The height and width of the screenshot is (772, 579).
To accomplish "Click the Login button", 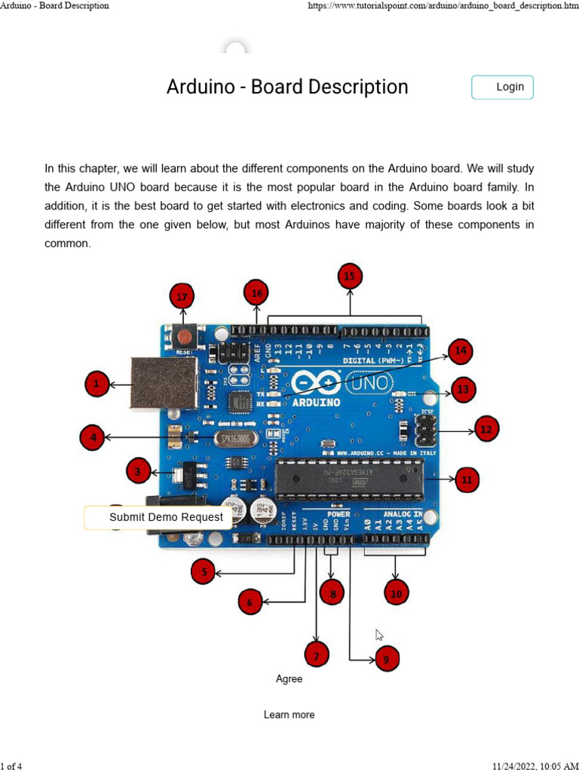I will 502,87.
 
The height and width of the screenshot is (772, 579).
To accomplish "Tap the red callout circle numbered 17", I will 182,296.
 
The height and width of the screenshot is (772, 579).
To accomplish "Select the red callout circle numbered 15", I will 349,277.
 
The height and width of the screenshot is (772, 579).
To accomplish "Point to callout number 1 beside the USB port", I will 96,384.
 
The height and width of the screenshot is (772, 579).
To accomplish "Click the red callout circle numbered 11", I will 466,479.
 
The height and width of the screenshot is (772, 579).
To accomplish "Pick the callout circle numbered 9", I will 386,660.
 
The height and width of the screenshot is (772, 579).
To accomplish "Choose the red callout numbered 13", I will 463,390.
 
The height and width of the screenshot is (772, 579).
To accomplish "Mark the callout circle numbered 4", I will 93,437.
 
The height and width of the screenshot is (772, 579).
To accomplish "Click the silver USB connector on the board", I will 164,382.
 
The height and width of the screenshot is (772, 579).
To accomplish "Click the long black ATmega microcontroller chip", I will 348,479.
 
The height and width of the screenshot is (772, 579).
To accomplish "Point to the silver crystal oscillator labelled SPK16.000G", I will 236,439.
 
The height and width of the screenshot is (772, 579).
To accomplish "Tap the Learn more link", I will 289,715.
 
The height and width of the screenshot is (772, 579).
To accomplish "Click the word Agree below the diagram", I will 289,679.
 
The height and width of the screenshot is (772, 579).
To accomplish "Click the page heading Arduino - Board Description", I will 287,87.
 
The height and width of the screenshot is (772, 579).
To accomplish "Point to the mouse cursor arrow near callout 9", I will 379,635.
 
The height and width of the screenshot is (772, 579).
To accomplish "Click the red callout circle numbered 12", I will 486,430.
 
